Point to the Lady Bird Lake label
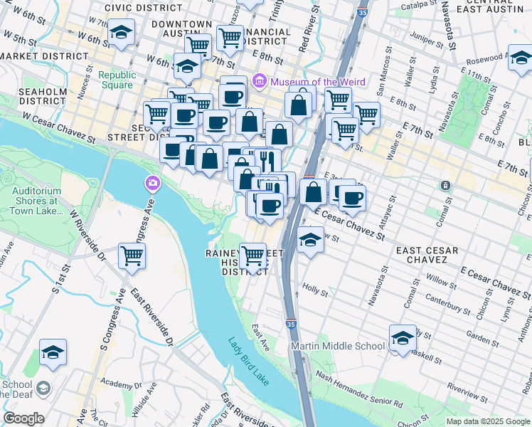point(249,362)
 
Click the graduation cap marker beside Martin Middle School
point(403,337)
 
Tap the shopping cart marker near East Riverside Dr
point(132,255)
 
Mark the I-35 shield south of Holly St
point(291,323)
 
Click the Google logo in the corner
point(23,418)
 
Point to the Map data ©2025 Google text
point(487,421)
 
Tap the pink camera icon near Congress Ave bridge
point(152,185)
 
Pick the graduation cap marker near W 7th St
point(122,32)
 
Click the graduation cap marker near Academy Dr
point(53,352)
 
